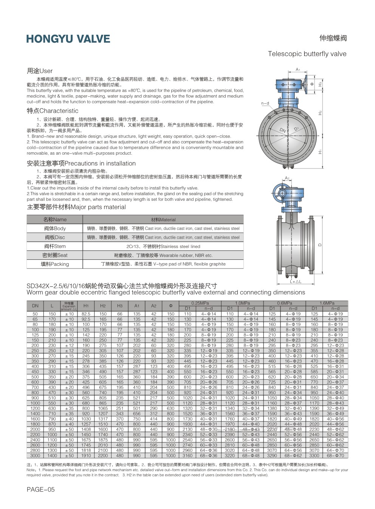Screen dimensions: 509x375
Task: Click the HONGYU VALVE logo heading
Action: [68, 39]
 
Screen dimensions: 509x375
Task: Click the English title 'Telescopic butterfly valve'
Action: [307, 54]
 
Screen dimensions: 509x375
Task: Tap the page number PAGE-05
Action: [40, 489]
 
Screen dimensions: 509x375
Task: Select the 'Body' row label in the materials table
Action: [55, 228]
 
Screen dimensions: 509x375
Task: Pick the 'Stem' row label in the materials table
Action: [55, 246]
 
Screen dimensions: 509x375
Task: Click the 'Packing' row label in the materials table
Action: [55, 264]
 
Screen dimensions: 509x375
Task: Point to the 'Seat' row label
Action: [55, 255]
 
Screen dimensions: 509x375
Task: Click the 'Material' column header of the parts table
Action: [163, 220]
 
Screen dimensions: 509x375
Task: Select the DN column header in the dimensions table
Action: [35, 306]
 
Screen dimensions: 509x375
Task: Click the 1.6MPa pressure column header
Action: [327, 303]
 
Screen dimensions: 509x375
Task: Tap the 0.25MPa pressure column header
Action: [200, 303]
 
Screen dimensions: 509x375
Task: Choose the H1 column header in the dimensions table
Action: [86, 306]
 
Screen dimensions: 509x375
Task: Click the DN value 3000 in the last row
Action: [35, 456]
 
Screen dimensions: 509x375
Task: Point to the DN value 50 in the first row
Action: [35, 314]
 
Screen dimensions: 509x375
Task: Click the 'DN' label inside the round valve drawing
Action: [283, 130]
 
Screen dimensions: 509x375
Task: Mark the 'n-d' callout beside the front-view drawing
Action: [265, 103]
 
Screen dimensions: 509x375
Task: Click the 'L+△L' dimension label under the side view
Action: [295, 282]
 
